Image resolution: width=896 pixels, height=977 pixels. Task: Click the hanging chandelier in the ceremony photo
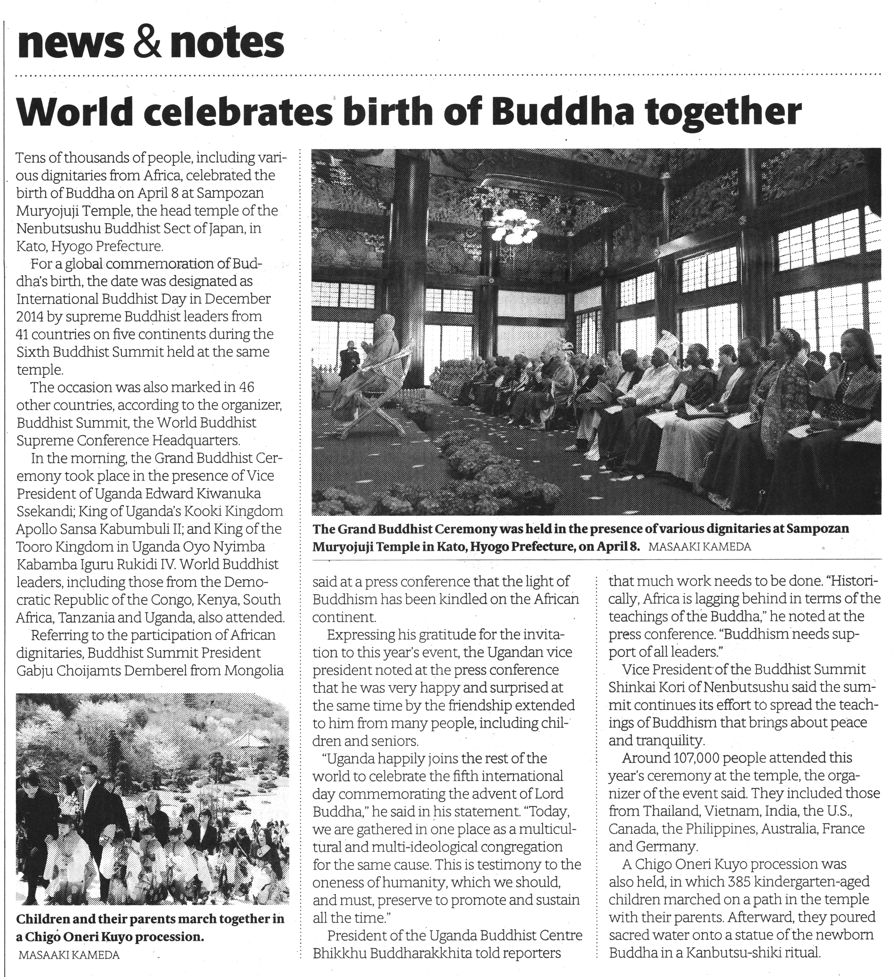(513, 227)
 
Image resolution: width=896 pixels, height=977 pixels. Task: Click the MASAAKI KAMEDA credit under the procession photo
(69, 955)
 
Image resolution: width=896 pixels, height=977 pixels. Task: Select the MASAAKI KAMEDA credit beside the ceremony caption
(699, 547)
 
